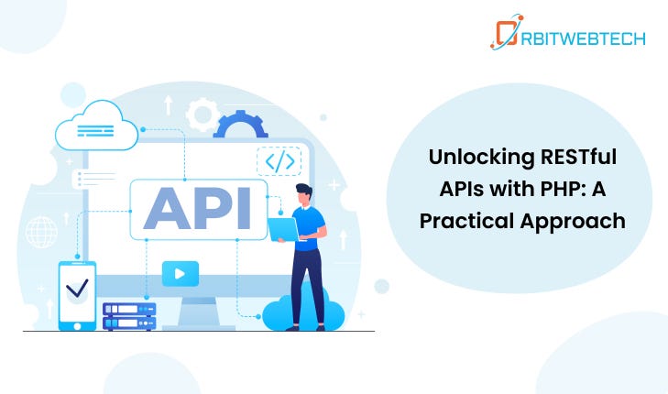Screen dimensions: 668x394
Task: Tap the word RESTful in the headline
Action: (578, 157)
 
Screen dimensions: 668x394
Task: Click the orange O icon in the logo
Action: (506, 32)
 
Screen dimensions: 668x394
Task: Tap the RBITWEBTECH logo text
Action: (583, 38)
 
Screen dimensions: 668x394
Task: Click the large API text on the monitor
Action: (197, 209)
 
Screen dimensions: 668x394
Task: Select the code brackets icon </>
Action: (279, 161)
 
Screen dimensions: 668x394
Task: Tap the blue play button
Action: (181, 273)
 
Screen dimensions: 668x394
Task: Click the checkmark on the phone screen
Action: (77, 288)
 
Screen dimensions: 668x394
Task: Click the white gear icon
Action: (203, 115)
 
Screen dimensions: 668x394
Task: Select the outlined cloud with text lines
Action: (97, 126)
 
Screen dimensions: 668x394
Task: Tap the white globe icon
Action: (41, 232)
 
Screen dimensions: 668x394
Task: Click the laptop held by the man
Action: (283, 230)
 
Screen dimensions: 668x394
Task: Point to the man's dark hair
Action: (304, 190)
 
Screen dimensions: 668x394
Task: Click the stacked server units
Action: (129, 316)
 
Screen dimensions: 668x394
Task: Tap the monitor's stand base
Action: (199, 327)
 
